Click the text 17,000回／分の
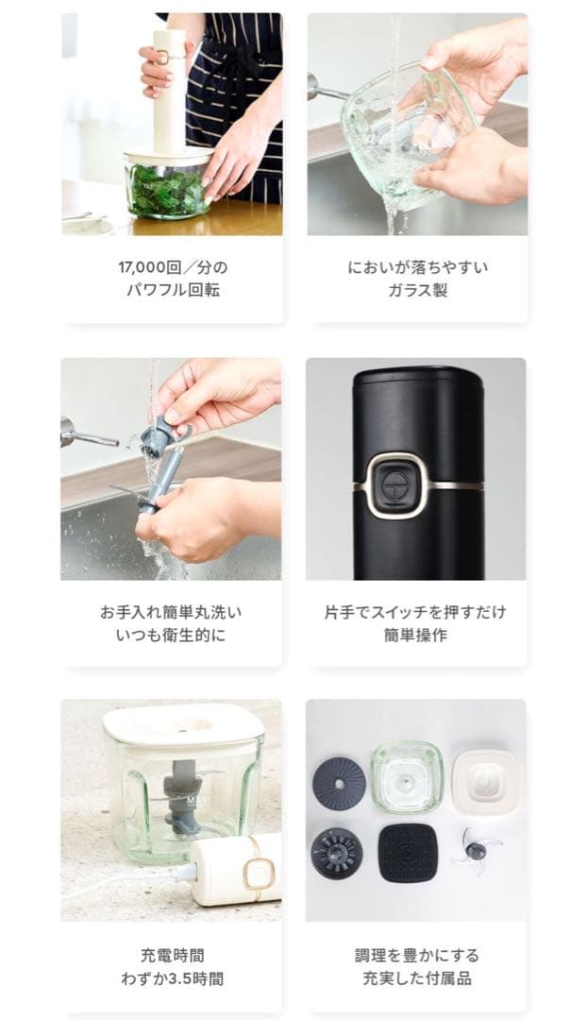(173, 267)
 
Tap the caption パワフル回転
(173, 290)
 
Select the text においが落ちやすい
(417, 267)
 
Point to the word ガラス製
(417, 290)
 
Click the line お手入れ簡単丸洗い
(171, 612)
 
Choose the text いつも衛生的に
(171, 635)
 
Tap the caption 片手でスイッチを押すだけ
(415, 612)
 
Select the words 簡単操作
(415, 635)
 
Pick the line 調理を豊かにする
(417, 956)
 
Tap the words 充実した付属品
(417, 978)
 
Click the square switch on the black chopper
(393, 486)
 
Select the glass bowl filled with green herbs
(169, 183)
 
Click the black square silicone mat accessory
(407, 852)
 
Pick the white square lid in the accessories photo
(485, 781)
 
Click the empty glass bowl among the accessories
(407, 777)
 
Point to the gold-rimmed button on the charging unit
(260, 870)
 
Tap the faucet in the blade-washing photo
(89, 434)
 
